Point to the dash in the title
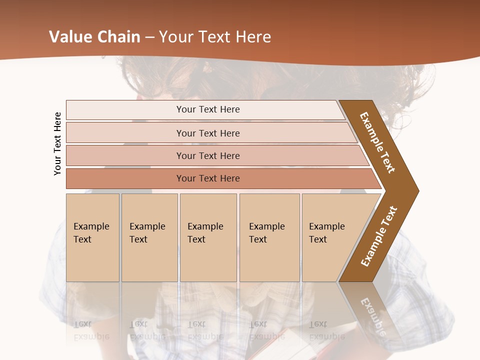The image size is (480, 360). (x=149, y=37)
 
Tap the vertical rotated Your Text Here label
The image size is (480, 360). (x=57, y=143)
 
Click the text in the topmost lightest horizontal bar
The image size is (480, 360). (x=208, y=109)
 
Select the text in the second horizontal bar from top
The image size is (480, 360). (x=208, y=133)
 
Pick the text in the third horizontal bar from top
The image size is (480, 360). (x=208, y=155)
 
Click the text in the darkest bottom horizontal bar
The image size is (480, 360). (x=208, y=178)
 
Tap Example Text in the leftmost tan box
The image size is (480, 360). (x=91, y=233)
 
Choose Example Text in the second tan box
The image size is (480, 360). (x=147, y=233)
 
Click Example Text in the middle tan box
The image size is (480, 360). (x=205, y=233)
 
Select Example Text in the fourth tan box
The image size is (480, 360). (x=266, y=233)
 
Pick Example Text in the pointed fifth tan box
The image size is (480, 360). (x=326, y=233)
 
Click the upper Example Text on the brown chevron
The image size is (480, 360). (x=378, y=142)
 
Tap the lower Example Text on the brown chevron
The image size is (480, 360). (x=378, y=236)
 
